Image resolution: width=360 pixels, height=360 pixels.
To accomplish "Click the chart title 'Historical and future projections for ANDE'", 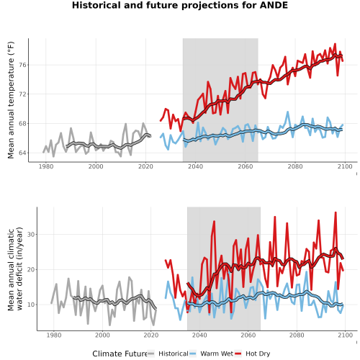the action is tap(180, 5).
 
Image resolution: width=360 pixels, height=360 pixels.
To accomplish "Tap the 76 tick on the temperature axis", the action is tap(23, 65).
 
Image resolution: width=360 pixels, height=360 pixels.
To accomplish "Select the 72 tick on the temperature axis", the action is tap(23, 94).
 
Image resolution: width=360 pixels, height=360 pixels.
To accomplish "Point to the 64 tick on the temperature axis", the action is tap(23, 153).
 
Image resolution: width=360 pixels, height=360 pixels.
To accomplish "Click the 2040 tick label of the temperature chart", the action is tap(195, 166).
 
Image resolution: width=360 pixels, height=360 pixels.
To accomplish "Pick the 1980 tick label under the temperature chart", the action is tap(46, 166).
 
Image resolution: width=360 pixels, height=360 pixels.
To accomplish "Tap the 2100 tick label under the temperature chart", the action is tap(345, 166).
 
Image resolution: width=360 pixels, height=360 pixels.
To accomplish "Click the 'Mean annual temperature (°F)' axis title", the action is tap(11, 100).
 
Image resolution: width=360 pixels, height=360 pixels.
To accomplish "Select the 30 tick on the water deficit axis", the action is tap(31, 235).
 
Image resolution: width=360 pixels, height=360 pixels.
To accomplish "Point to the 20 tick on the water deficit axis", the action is tap(31, 270).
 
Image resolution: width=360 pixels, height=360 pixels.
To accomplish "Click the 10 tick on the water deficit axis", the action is tap(31, 305).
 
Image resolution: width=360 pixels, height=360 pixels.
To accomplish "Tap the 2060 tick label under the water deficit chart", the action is tap(248, 335).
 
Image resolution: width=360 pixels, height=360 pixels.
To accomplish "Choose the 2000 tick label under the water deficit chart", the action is tap(102, 335).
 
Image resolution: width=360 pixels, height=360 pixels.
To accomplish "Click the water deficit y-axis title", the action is tap(15, 269).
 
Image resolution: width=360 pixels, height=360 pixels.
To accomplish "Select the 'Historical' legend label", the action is tap(174, 354).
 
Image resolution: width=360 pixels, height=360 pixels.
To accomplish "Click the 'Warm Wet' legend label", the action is tap(217, 354).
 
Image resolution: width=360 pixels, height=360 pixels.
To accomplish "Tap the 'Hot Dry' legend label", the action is tap(258, 354).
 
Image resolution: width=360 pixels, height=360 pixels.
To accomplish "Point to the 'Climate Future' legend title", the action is tap(120, 354).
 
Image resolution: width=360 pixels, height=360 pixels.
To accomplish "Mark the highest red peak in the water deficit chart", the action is tap(336, 212).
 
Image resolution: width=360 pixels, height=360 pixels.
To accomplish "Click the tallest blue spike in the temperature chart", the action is tap(287, 112).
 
